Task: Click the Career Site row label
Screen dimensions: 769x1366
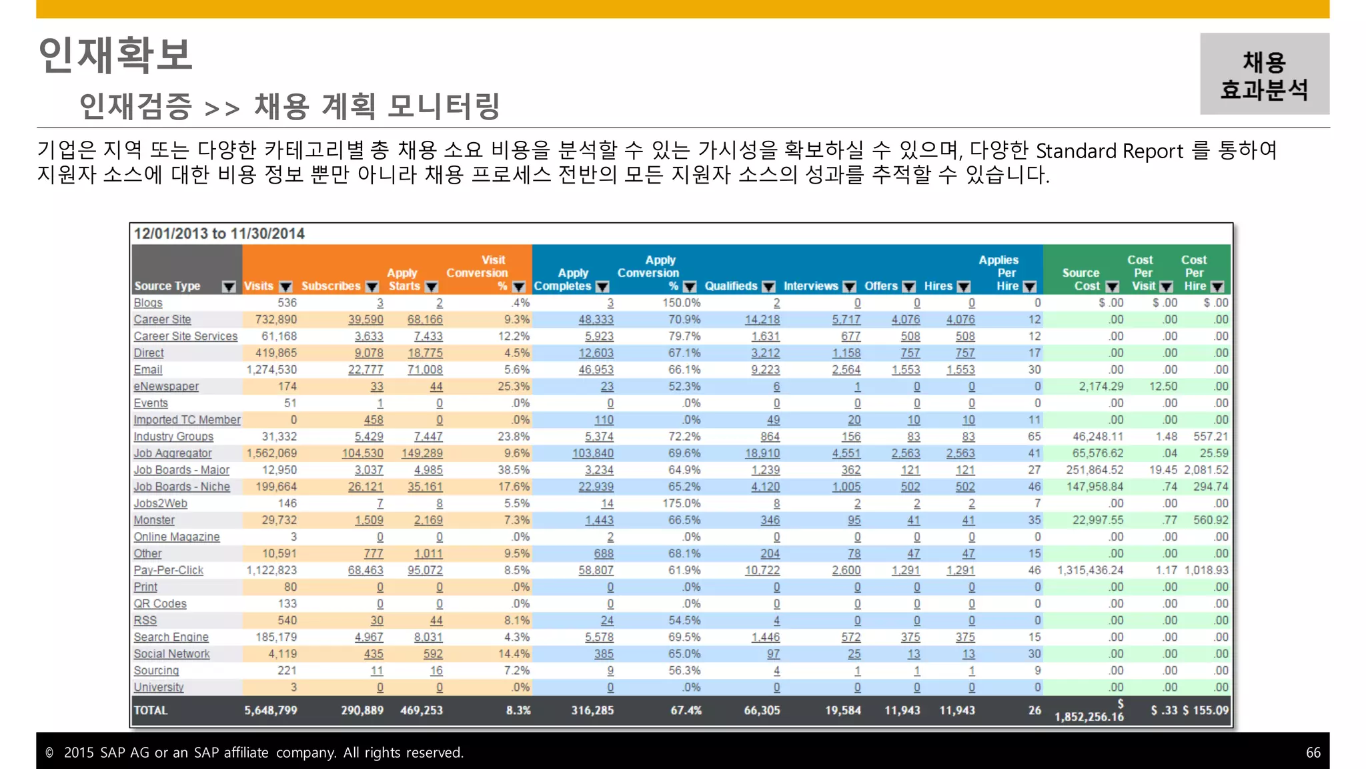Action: click(162, 320)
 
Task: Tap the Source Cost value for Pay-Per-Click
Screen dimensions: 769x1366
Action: click(1090, 570)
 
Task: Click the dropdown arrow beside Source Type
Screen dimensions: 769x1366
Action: click(229, 286)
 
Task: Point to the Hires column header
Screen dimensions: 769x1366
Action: click(938, 286)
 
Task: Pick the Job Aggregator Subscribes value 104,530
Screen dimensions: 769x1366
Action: click(362, 453)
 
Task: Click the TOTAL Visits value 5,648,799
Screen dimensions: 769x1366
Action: click(270, 710)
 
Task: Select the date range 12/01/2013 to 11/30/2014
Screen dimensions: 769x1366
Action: click(219, 234)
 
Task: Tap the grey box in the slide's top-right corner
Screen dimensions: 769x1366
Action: click(1264, 74)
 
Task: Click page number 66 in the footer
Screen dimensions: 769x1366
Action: click(1313, 752)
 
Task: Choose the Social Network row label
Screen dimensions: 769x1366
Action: click(171, 654)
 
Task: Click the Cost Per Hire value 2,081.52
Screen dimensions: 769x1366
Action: click(1206, 470)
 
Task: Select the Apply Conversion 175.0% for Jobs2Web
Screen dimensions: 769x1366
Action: click(681, 503)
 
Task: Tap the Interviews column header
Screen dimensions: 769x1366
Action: click(810, 286)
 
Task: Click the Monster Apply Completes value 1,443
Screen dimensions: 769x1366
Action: click(599, 520)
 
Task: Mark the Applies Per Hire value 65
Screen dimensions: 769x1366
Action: click(1034, 437)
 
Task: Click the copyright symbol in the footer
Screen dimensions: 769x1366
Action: click(49, 752)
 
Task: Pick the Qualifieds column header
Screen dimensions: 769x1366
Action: click(731, 286)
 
